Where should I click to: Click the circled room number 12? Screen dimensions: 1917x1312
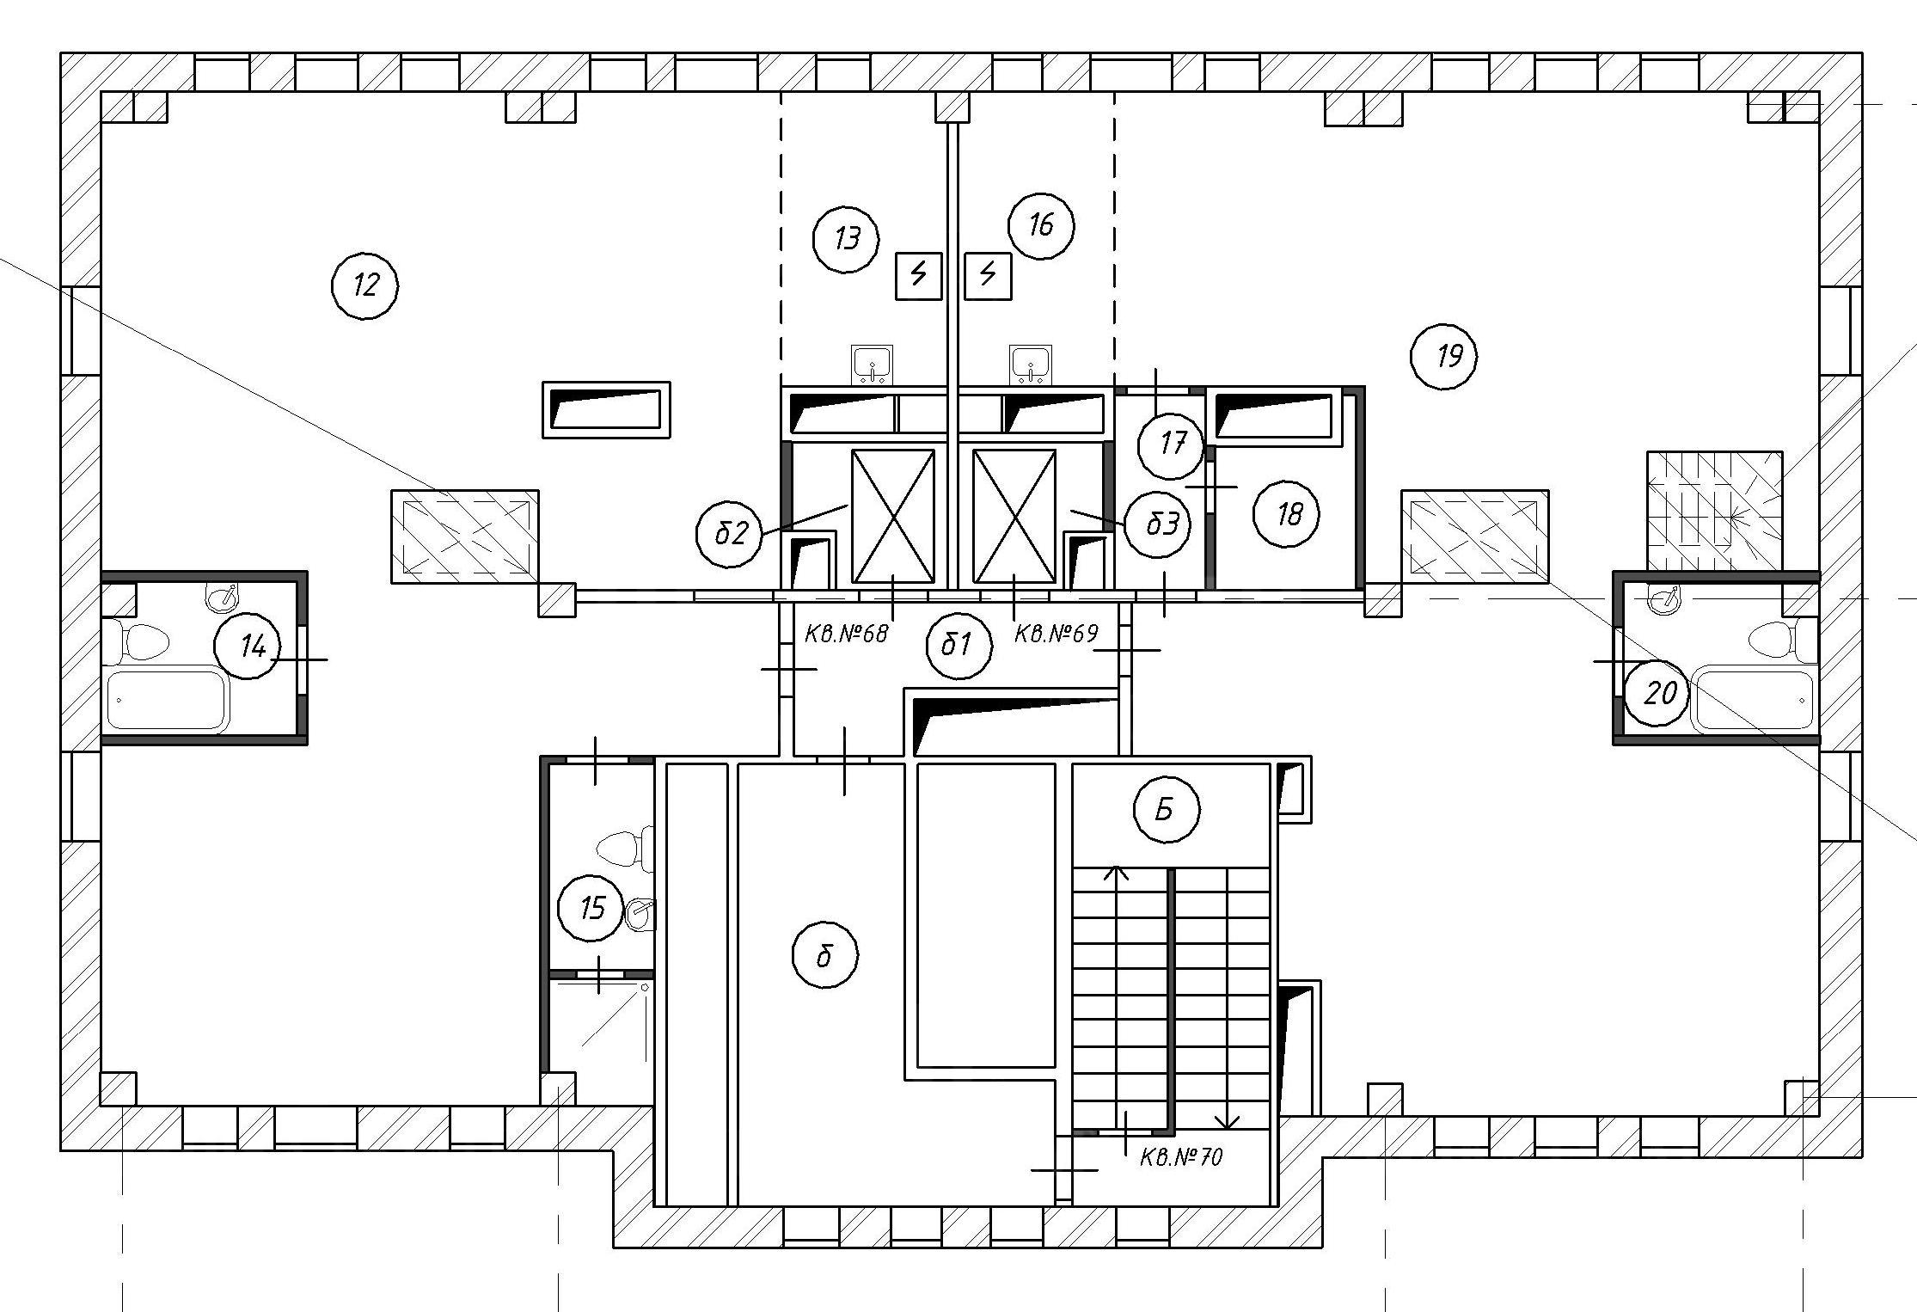coord(365,285)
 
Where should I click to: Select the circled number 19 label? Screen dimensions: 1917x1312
coord(1444,355)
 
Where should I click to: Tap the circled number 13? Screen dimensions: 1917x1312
coord(846,239)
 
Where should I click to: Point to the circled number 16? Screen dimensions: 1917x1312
coord(1041,225)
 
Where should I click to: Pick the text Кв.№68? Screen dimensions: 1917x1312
coord(845,635)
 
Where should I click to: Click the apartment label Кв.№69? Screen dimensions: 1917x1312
coord(1056,635)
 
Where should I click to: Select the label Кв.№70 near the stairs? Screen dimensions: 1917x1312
coord(1181,1157)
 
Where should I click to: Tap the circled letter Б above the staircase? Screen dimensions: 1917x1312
coord(1167,810)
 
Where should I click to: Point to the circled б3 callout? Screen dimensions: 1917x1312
coord(1157,524)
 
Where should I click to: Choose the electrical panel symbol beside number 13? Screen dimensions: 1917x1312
coord(919,276)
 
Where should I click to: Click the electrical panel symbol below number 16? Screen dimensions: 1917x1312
coord(988,276)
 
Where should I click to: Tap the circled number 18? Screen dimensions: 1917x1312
coord(1288,514)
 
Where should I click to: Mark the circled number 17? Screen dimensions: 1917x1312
coord(1171,445)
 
